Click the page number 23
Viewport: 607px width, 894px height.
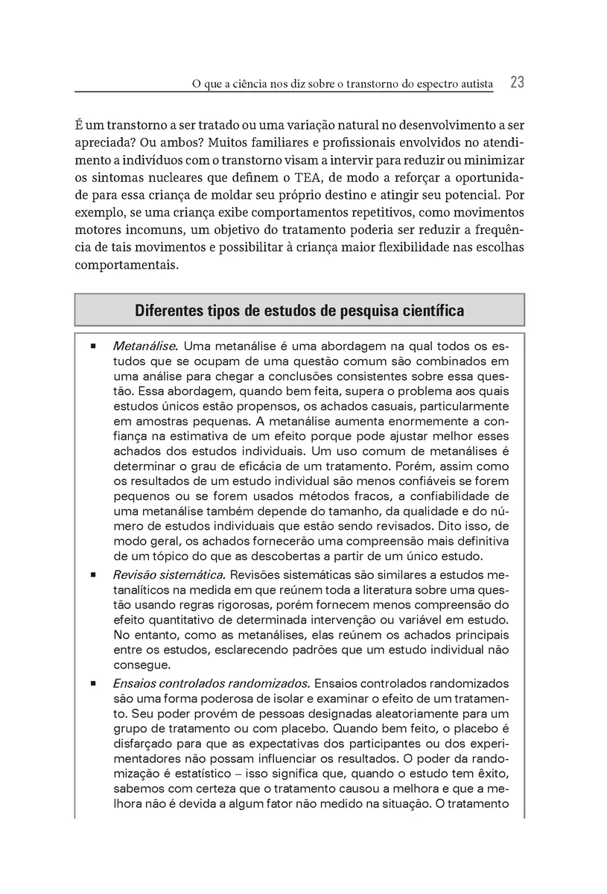517,83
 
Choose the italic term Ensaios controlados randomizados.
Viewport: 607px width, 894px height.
211,683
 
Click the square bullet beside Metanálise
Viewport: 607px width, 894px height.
93,347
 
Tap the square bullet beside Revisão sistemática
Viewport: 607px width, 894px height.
93,576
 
